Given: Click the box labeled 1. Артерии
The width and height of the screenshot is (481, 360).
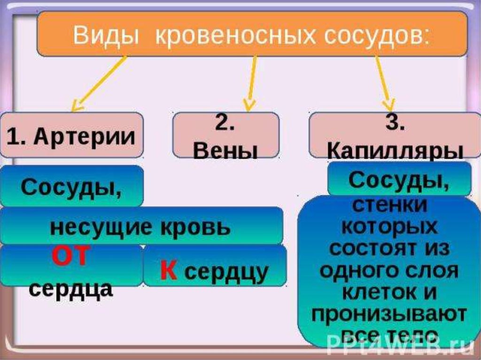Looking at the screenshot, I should click(x=71, y=135).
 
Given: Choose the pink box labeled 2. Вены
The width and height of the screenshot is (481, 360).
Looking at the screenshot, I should click(x=225, y=135).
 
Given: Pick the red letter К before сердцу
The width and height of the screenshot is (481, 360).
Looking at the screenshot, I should click(x=168, y=271).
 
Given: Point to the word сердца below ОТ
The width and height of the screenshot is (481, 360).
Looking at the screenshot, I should click(x=70, y=289).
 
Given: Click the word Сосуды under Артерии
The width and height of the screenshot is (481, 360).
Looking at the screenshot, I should click(x=70, y=188).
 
